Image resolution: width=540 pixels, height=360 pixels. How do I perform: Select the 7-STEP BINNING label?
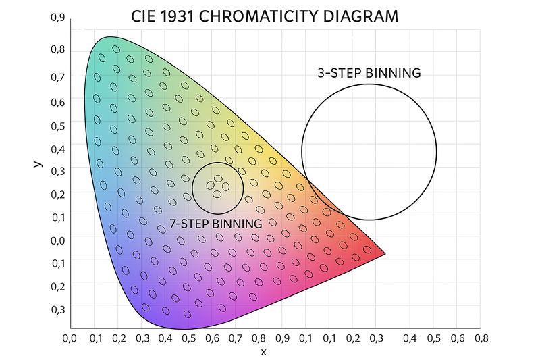tap(215, 224)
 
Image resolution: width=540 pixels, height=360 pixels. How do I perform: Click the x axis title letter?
tap(263, 352)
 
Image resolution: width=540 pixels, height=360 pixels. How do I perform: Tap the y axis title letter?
tap(38, 163)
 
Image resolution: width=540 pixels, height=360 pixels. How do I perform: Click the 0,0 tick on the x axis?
tap(70, 336)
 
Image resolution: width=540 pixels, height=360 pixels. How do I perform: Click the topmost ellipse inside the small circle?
tap(219, 178)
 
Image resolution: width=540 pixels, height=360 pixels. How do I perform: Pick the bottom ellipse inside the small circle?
tap(217, 195)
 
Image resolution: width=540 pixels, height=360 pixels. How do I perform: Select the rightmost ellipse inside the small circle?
tap(226, 186)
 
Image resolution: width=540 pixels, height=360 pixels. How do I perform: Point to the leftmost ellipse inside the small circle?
tap(210, 186)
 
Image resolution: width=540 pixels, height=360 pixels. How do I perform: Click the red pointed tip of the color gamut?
tap(383, 254)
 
